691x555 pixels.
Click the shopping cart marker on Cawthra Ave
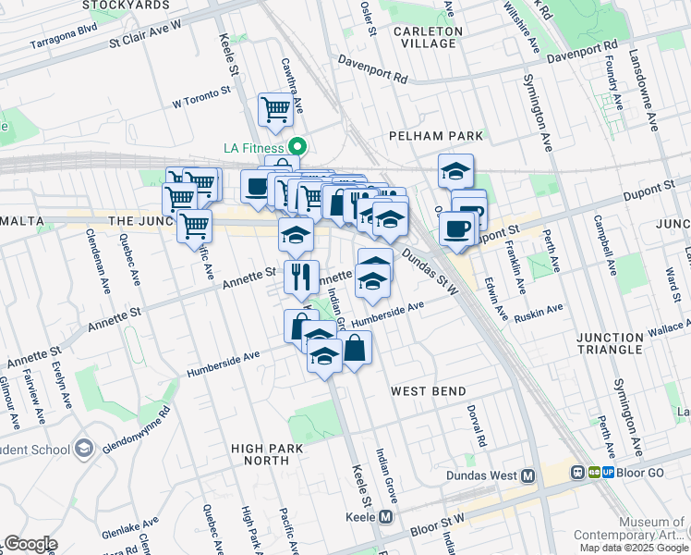[x=275, y=109]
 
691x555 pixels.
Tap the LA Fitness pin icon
[x=297, y=147]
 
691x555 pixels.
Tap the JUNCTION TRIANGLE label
[x=621, y=343]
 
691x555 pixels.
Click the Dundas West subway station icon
[x=527, y=476]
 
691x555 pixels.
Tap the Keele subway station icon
[x=386, y=517]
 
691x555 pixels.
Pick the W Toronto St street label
[x=200, y=95]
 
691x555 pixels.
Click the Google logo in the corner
[x=30, y=544]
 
